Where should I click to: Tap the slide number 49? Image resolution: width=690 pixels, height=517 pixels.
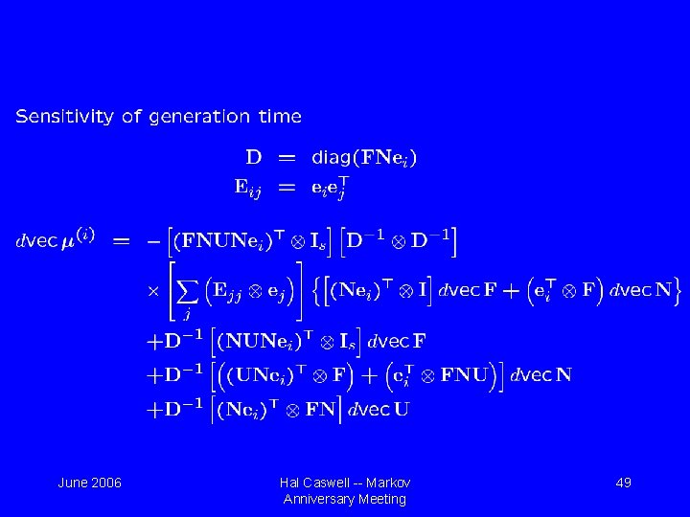[x=623, y=483]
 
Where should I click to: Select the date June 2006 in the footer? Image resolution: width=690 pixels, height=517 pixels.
[x=90, y=483]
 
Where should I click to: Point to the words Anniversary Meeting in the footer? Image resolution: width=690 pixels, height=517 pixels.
[x=345, y=499]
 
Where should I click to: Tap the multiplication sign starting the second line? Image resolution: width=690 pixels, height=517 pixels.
[x=150, y=288]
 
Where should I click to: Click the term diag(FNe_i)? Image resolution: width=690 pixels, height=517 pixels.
[x=365, y=156]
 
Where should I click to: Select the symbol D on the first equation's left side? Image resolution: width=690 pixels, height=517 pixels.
[x=254, y=156]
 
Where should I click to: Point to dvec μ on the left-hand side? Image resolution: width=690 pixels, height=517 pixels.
[x=57, y=241]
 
